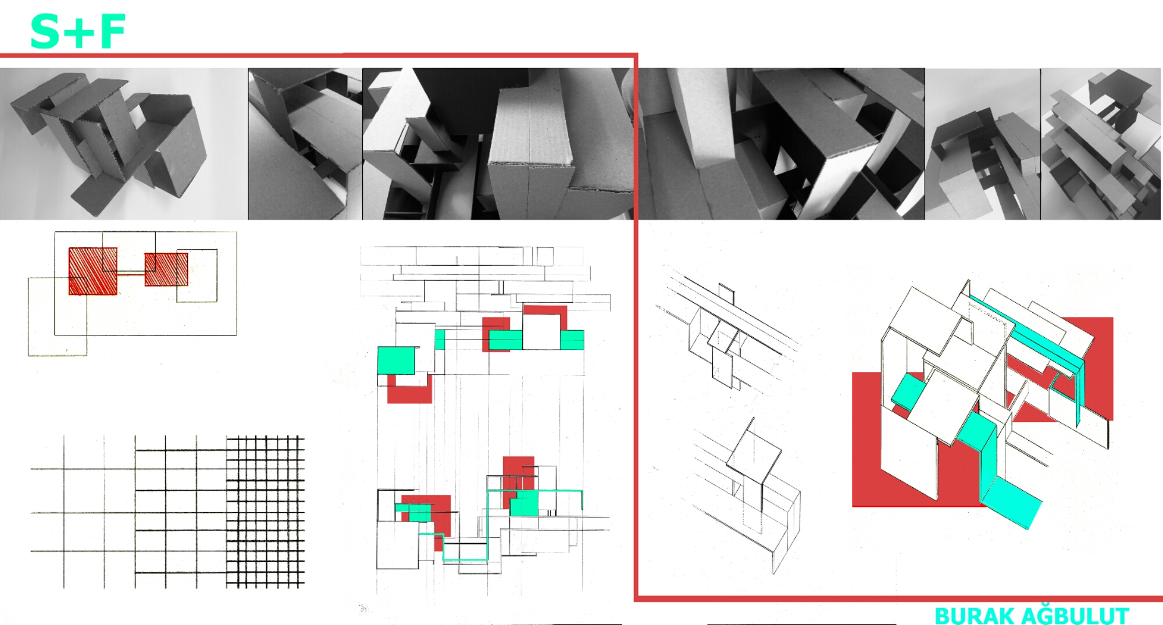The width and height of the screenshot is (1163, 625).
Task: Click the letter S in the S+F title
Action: pyautogui.click(x=45, y=31)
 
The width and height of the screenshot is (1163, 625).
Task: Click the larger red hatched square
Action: pyautogui.click(x=92, y=271)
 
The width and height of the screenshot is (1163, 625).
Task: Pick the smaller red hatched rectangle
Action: pyautogui.click(x=166, y=269)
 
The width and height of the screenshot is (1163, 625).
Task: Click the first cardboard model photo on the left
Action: pyautogui.click(x=123, y=144)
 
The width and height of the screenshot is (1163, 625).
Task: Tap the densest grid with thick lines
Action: pyautogui.click(x=265, y=510)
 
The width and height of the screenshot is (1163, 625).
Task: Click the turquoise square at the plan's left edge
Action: pyautogui.click(x=396, y=360)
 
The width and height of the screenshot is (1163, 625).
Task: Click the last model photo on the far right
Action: pyautogui.click(x=1101, y=144)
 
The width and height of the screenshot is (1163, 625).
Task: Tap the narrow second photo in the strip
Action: pyautogui.click(x=305, y=144)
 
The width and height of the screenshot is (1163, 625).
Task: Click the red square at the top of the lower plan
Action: pyautogui.click(x=518, y=474)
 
